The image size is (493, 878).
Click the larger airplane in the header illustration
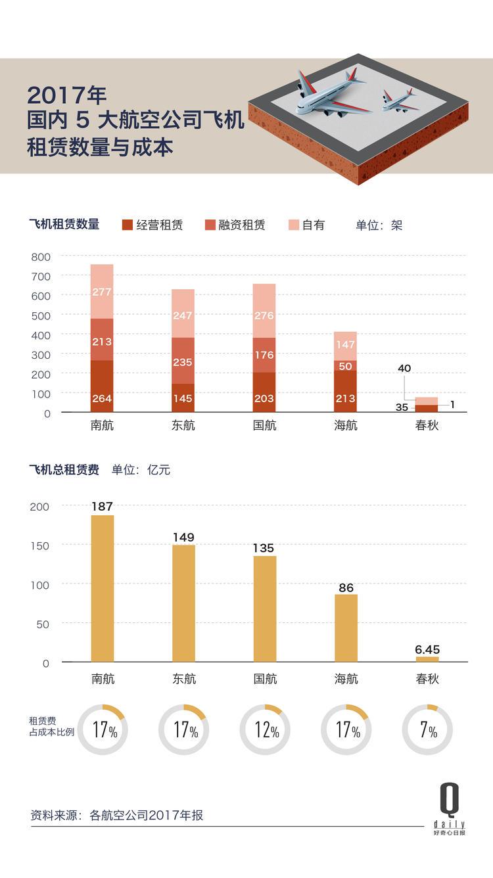click(329, 95)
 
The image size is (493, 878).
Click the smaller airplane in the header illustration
click(399, 101)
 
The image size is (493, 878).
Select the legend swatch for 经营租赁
click(128, 225)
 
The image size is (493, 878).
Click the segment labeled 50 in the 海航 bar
click(346, 365)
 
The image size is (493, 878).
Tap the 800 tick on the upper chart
click(40, 257)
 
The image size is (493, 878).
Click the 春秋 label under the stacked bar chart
click(427, 425)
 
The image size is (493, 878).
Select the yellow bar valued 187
click(103, 588)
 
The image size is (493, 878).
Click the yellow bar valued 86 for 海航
click(346, 628)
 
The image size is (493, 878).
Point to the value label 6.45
click(427, 649)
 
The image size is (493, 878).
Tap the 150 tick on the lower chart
click(40, 545)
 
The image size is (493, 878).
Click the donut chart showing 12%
click(265, 729)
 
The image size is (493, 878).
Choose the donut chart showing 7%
click(427, 729)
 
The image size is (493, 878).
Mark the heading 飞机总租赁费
click(64, 470)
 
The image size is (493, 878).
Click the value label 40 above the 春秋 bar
click(404, 369)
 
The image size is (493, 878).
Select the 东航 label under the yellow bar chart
click(184, 679)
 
